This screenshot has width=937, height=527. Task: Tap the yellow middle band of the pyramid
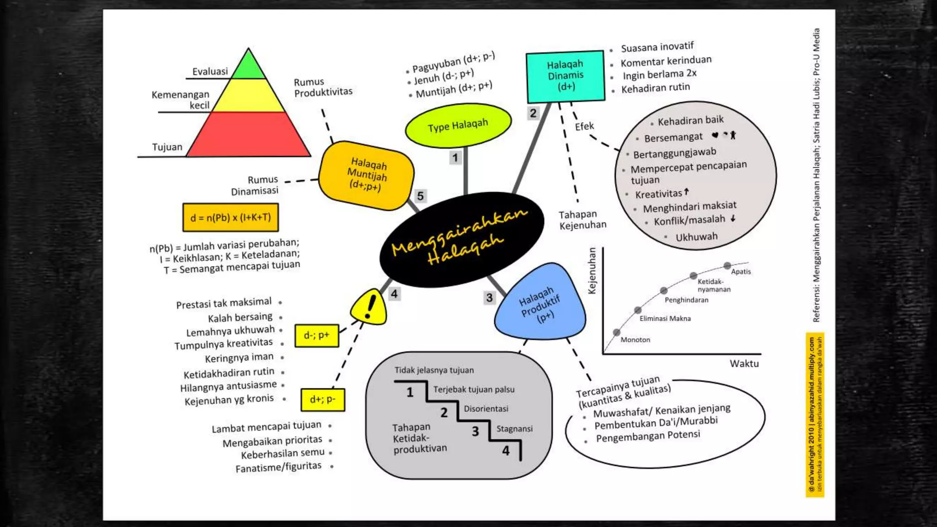point(248,96)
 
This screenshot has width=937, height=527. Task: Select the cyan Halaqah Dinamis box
point(565,76)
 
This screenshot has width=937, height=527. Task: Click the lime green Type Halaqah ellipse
point(458,125)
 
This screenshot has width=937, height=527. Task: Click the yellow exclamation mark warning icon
point(369,307)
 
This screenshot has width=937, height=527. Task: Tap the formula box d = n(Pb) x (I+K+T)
point(231,217)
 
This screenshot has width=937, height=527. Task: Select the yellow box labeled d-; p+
point(317,335)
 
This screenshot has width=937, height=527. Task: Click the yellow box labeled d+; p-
point(323,399)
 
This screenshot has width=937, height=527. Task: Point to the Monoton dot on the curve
point(617,332)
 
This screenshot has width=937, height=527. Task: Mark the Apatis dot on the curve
point(727,266)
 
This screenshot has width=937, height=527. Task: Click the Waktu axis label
point(744,364)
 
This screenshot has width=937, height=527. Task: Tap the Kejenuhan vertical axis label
point(592,271)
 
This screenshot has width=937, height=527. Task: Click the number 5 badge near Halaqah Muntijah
point(420,196)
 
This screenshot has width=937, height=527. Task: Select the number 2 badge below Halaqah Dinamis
point(533,113)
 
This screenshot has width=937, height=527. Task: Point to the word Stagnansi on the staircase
point(514,429)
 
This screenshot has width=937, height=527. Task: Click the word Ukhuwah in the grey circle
point(696,237)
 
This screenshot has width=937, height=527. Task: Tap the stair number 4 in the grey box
point(506,451)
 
